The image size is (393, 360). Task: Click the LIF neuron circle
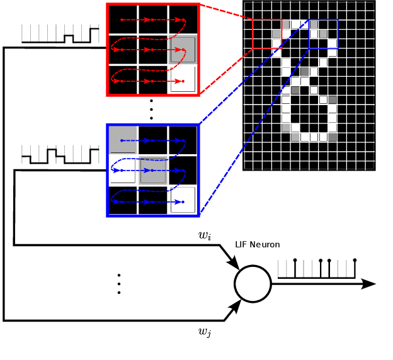(x=253, y=283)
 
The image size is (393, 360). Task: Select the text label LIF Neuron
(x=257, y=244)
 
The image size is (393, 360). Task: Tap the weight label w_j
(x=205, y=331)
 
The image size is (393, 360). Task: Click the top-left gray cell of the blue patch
(x=123, y=140)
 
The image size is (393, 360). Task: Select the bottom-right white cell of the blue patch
(x=183, y=200)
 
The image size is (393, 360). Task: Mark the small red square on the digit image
(x=267, y=33)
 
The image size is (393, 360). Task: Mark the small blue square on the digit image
(x=323, y=33)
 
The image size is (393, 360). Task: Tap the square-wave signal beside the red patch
(x=60, y=35)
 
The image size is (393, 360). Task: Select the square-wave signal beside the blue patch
(x=60, y=154)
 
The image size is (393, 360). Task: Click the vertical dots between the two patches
(x=152, y=110)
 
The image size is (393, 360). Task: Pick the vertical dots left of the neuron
(x=119, y=283)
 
